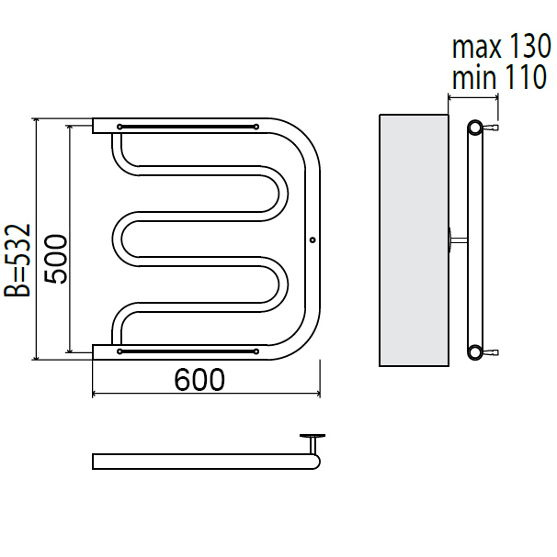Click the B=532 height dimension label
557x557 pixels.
17,260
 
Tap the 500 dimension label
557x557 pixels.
56,259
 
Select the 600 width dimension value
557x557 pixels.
199,380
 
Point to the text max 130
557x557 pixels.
502,46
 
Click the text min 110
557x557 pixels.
499,77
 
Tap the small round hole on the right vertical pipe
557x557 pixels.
313,240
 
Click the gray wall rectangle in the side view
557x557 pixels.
414,240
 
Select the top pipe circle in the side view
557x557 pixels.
475,128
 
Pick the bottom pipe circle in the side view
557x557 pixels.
475,352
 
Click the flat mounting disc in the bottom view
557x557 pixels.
313,436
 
